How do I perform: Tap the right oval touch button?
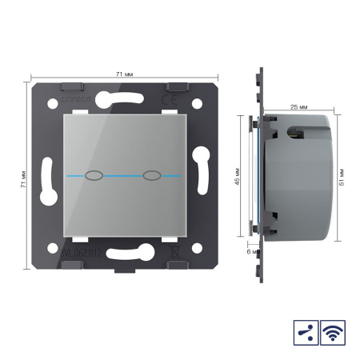coord(150,174)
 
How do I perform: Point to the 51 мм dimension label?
coord(342,175)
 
